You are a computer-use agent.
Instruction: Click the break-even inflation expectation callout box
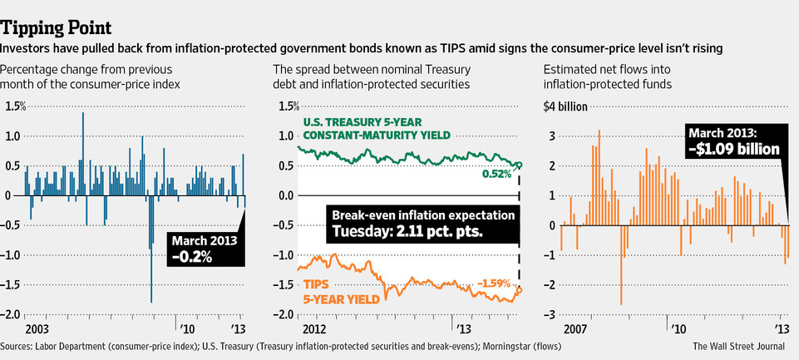[422, 223]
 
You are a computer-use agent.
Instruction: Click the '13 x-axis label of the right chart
[782, 328]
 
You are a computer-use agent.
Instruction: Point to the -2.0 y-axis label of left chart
[13, 314]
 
